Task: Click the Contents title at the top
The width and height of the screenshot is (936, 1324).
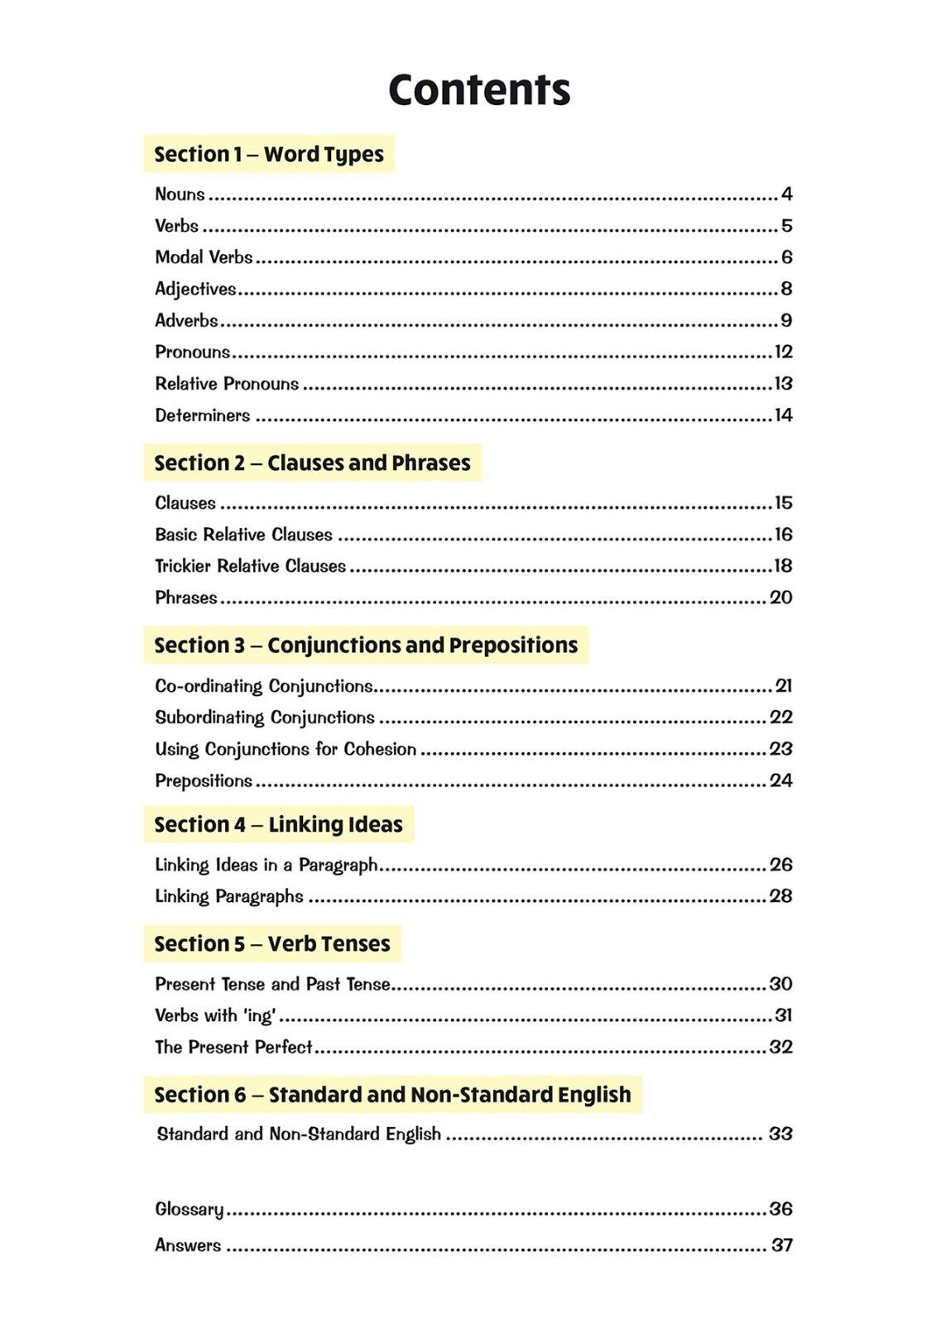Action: click(x=479, y=89)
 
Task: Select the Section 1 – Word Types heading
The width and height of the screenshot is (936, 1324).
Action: click(x=269, y=155)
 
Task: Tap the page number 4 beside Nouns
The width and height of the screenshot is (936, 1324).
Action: click(x=786, y=194)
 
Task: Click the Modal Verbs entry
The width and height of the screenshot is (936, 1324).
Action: click(x=204, y=257)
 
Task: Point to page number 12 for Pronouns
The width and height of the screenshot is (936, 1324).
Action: click(x=783, y=353)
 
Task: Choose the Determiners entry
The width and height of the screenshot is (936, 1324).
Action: click(x=203, y=415)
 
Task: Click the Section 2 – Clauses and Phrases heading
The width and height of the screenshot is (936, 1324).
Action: click(x=312, y=463)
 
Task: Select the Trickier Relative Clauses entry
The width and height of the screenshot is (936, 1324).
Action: click(x=250, y=566)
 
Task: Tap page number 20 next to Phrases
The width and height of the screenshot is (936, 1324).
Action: click(x=780, y=597)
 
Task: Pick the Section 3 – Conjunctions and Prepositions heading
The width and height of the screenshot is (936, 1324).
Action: click(x=366, y=645)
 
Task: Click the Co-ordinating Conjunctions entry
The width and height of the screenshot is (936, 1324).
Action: click(x=264, y=686)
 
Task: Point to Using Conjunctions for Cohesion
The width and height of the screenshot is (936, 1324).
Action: click(x=286, y=750)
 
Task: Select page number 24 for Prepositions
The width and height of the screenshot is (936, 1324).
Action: click(x=780, y=780)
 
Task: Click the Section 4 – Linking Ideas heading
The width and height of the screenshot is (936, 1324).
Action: click(x=278, y=825)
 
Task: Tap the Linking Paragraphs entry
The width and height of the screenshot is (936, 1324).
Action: click(x=229, y=896)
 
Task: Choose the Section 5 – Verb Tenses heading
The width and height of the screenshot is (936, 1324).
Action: click(x=271, y=944)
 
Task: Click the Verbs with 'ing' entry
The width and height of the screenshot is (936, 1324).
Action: click(x=215, y=1015)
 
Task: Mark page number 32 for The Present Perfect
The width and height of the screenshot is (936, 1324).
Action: click(x=780, y=1047)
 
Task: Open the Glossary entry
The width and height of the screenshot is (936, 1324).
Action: click(x=190, y=1209)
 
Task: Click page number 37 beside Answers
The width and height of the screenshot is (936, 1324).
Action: click(x=781, y=1245)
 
